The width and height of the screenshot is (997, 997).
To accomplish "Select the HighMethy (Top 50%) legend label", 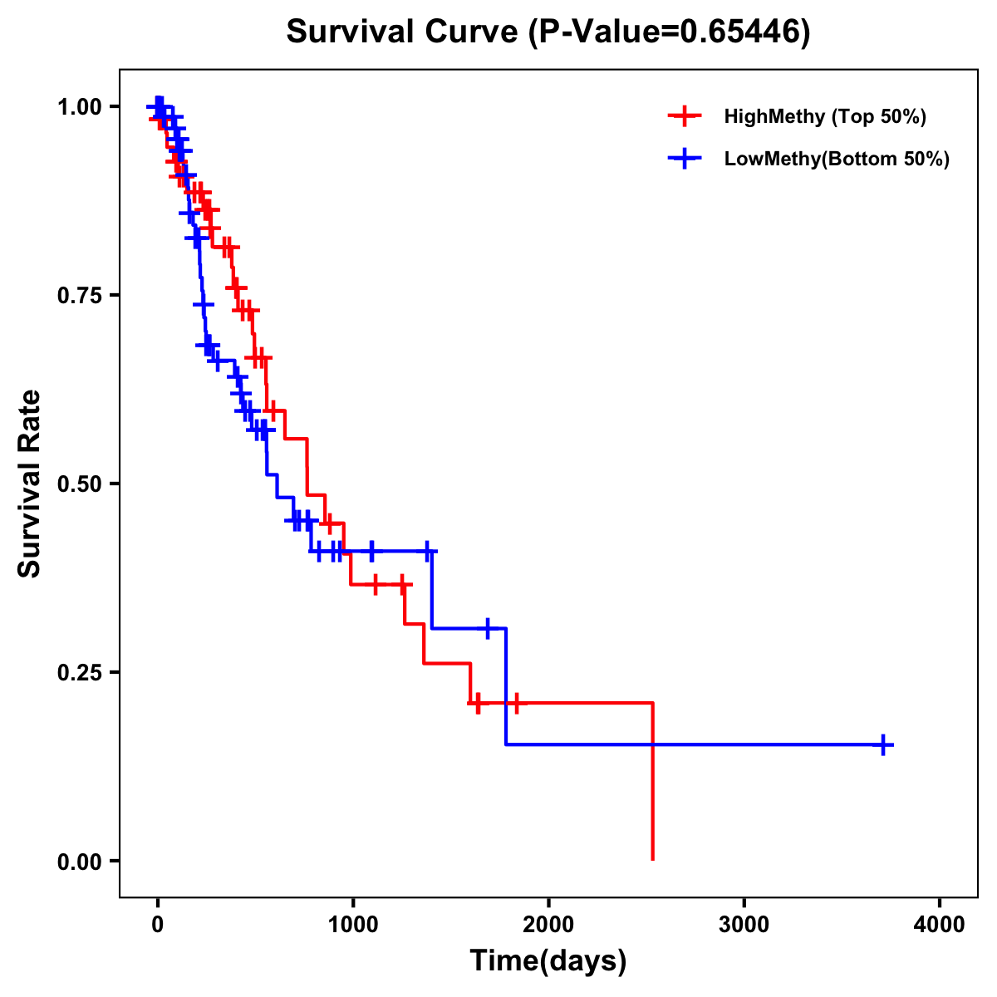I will pyautogui.click(x=824, y=116).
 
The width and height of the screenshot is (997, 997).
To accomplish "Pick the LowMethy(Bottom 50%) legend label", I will pyautogui.click(x=837, y=160).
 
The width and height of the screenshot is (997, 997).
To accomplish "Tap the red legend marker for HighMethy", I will pyautogui.click(x=684, y=116).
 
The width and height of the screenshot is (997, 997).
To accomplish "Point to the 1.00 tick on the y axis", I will pyautogui.click(x=79, y=107).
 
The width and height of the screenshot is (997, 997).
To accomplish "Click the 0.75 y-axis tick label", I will pyautogui.click(x=79, y=296).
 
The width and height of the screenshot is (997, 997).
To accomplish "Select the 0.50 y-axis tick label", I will pyautogui.click(x=79, y=484).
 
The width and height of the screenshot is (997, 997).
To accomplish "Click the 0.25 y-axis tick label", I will pyautogui.click(x=79, y=673).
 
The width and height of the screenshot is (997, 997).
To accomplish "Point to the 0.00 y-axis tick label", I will pyautogui.click(x=79, y=862).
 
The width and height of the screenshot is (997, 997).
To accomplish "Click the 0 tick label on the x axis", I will pyautogui.click(x=158, y=925).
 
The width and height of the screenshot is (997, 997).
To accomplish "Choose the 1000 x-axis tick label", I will pyautogui.click(x=353, y=925).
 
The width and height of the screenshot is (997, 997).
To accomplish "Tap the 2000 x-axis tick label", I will pyautogui.click(x=548, y=925).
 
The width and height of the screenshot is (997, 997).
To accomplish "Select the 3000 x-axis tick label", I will pyautogui.click(x=744, y=925).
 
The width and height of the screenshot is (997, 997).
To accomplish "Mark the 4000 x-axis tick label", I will pyautogui.click(x=940, y=925).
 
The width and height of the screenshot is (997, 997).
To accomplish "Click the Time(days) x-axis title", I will pyautogui.click(x=548, y=961).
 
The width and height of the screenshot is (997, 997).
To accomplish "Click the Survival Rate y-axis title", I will pyautogui.click(x=31, y=484).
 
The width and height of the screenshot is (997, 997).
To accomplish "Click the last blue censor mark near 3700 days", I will pyautogui.click(x=884, y=744).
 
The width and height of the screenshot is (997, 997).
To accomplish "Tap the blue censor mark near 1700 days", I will pyautogui.click(x=488, y=628).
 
